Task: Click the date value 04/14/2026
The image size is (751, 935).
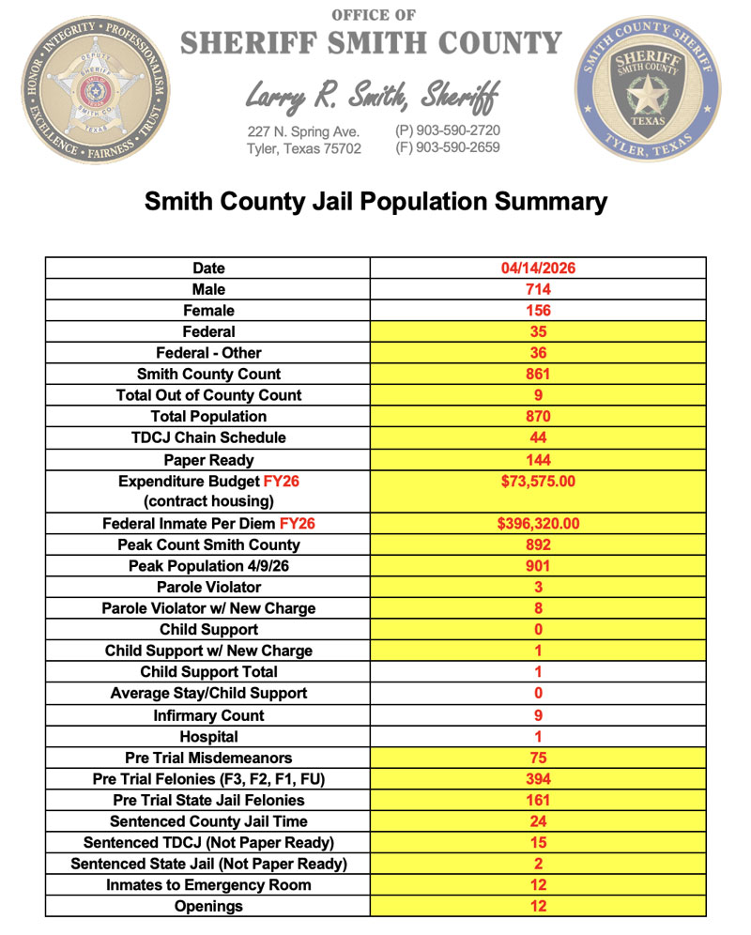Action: (x=538, y=268)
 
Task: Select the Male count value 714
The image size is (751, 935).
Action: (x=538, y=289)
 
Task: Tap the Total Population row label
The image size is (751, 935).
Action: (x=208, y=416)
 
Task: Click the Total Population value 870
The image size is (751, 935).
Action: (x=538, y=416)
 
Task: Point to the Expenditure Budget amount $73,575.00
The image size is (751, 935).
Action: (x=538, y=481)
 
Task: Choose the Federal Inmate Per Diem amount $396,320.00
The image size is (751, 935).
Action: (x=538, y=524)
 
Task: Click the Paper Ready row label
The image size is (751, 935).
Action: (x=208, y=460)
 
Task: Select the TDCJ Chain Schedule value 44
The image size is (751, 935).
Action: (x=538, y=437)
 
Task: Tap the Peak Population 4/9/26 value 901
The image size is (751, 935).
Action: (x=538, y=566)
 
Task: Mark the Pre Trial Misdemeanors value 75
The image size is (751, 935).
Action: (x=538, y=758)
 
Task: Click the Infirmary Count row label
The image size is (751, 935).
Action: (x=208, y=715)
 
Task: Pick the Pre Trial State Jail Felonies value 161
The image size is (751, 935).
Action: (x=538, y=800)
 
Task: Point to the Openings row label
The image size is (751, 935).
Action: (x=208, y=906)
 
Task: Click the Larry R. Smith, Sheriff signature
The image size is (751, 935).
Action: (x=373, y=95)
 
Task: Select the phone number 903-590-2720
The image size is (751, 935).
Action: (x=448, y=130)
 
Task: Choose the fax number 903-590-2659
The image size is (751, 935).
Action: (x=448, y=147)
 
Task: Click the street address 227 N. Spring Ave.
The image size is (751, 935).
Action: (x=303, y=131)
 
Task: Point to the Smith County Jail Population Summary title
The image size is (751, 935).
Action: (x=375, y=201)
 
